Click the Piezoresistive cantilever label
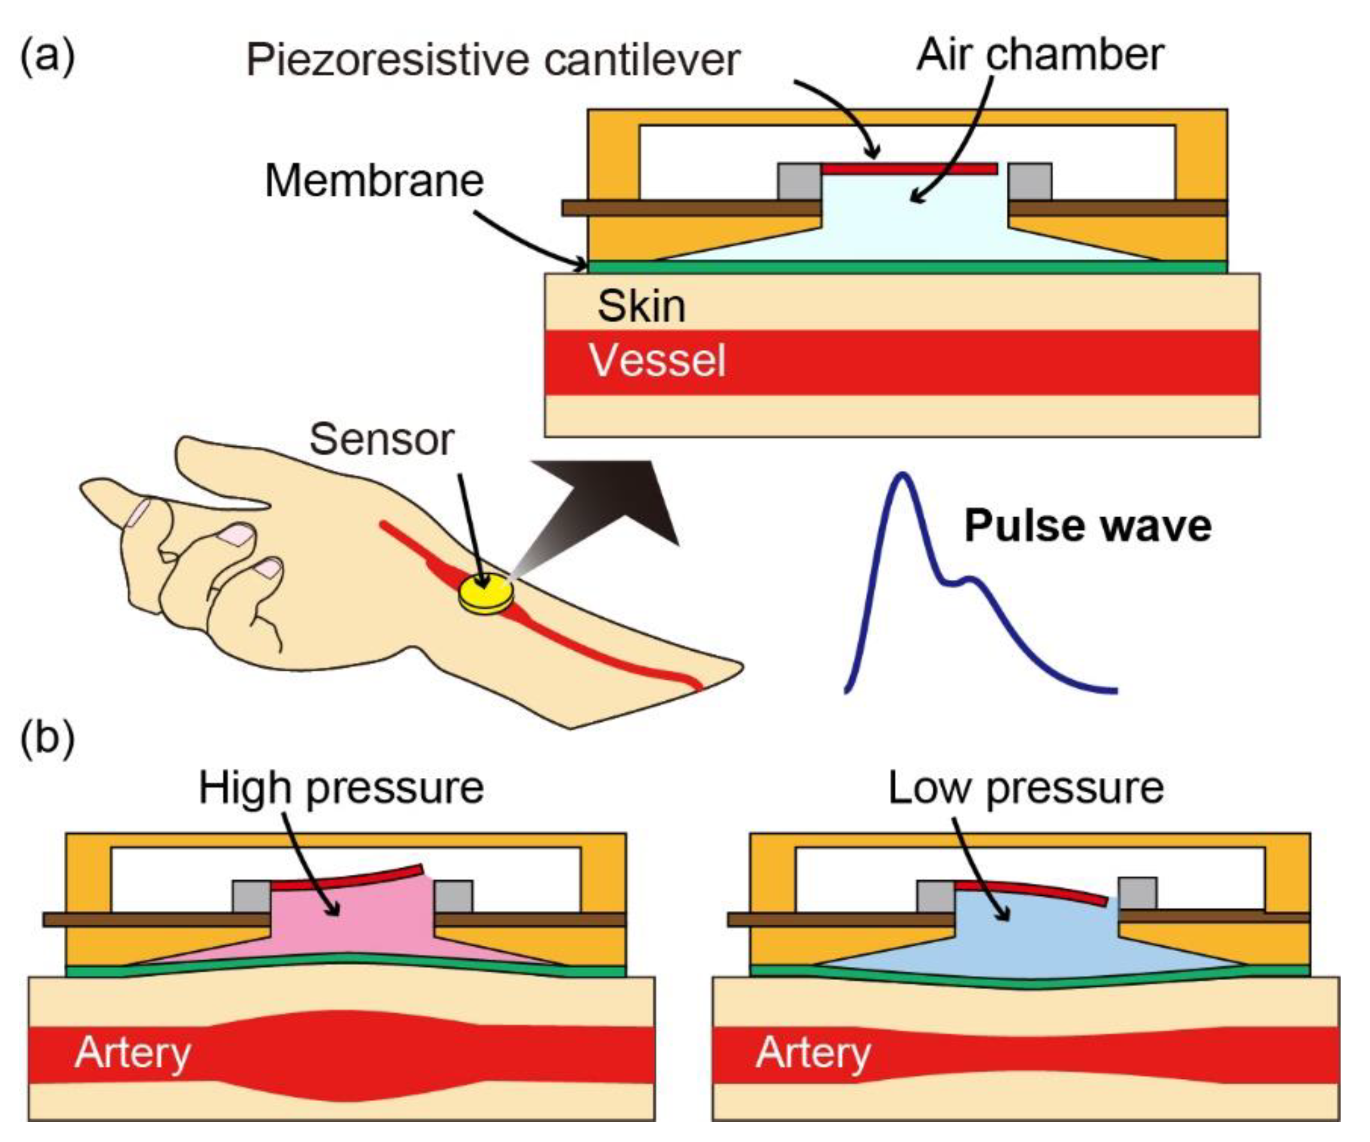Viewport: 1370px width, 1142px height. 493,60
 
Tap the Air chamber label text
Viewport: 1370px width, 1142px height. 1039,55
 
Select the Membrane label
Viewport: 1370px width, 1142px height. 374,181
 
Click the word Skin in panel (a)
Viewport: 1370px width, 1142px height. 641,306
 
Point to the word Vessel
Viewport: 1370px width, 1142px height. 657,361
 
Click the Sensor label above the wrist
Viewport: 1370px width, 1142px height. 382,440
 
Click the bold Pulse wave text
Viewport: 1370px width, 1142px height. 1088,526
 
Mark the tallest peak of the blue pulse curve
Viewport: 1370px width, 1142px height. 903,475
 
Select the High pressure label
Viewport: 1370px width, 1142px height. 341,788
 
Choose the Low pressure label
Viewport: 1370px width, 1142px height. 1026,788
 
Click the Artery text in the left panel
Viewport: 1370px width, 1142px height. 133,1052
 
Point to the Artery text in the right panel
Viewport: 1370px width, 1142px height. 813,1052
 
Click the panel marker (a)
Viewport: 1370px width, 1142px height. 47,58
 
